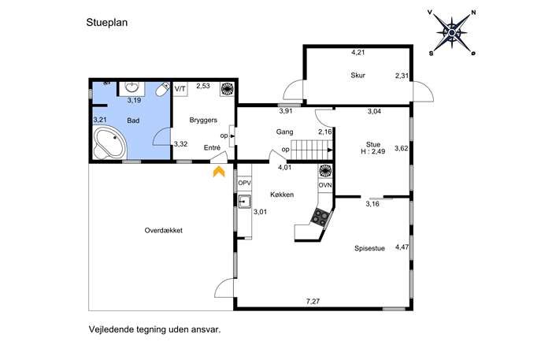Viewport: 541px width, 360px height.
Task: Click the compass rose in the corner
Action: pos(452,32)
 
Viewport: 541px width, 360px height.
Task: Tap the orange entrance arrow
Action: pos(219,172)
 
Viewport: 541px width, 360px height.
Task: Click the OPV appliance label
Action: pos(244,183)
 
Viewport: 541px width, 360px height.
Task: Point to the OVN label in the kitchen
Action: pos(325,185)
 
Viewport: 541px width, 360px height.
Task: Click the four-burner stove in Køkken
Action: pos(321,217)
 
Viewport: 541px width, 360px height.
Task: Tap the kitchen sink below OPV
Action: pos(244,202)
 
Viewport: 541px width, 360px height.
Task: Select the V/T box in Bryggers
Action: pos(180,89)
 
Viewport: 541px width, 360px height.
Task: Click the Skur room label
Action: pos(358,76)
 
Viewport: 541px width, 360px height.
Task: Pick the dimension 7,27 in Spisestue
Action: pos(313,302)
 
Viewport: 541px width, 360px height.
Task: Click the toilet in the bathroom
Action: pos(162,89)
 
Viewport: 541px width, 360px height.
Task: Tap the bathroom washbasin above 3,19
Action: pos(132,88)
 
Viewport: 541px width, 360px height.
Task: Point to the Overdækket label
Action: pos(164,231)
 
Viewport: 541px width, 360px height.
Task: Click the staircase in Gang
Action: pos(312,150)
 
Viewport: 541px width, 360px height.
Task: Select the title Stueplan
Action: pos(107,23)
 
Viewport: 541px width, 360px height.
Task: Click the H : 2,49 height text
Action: pos(373,151)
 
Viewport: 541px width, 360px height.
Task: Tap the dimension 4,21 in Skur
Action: pos(358,53)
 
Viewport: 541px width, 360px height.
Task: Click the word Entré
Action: pos(212,148)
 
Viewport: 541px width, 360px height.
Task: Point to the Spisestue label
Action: pos(369,248)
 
